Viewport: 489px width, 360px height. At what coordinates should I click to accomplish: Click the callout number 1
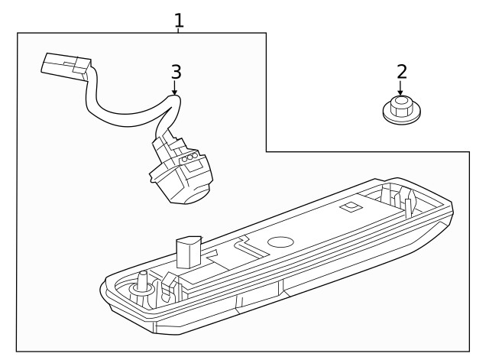[179, 19]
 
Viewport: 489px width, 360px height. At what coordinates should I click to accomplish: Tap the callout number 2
[401, 72]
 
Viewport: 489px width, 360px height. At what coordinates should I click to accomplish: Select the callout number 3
[176, 72]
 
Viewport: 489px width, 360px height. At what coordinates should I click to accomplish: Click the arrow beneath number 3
[175, 89]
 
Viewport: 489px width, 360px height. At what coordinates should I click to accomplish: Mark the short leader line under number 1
[179, 31]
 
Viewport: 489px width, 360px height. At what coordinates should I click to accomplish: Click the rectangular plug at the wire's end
[60, 66]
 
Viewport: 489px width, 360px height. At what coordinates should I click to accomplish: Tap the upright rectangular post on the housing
[186, 251]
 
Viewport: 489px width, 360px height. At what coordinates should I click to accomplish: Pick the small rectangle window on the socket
[195, 163]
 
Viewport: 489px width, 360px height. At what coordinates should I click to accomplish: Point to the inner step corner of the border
[267, 151]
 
